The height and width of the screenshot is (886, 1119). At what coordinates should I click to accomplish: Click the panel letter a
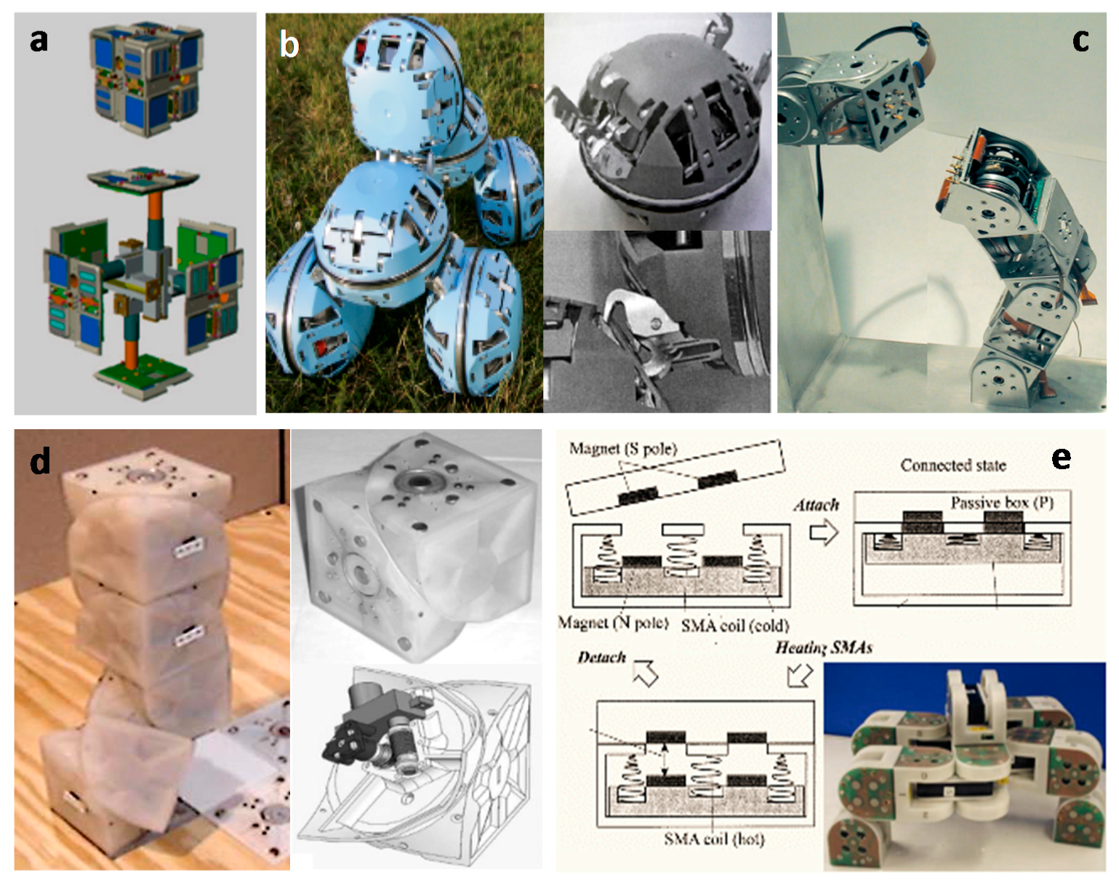point(39,39)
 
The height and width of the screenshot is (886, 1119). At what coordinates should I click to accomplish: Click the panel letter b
point(289,45)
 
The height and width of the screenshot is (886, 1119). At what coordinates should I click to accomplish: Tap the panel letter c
point(1080,40)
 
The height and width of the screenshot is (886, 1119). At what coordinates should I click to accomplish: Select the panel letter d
point(40,460)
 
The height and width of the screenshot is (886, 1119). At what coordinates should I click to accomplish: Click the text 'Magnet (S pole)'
point(622,449)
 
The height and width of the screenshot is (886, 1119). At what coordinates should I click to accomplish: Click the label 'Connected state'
point(952,466)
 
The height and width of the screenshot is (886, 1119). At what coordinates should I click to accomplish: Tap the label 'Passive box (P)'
point(1001,503)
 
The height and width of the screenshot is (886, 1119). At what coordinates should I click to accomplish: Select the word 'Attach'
point(816,505)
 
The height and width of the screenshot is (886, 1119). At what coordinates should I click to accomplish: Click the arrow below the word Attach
point(823,533)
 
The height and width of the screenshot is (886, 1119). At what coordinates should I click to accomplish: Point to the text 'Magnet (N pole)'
point(613,623)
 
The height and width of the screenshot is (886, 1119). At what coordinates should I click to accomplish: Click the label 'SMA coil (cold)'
point(734,625)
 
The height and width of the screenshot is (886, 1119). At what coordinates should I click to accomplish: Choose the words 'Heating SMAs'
point(823,647)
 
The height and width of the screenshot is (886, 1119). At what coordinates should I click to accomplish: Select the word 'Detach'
point(601,657)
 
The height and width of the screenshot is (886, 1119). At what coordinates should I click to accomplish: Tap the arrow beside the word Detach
point(645,674)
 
